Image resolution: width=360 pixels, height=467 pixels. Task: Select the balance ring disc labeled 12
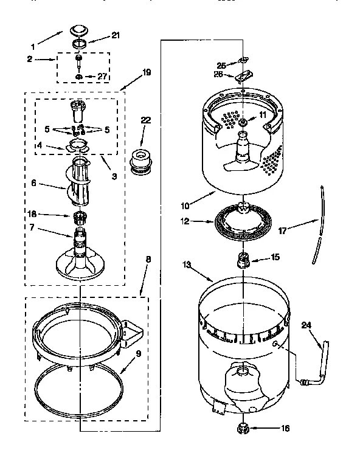[243, 221]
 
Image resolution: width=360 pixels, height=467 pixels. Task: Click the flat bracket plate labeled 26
[243, 77]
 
